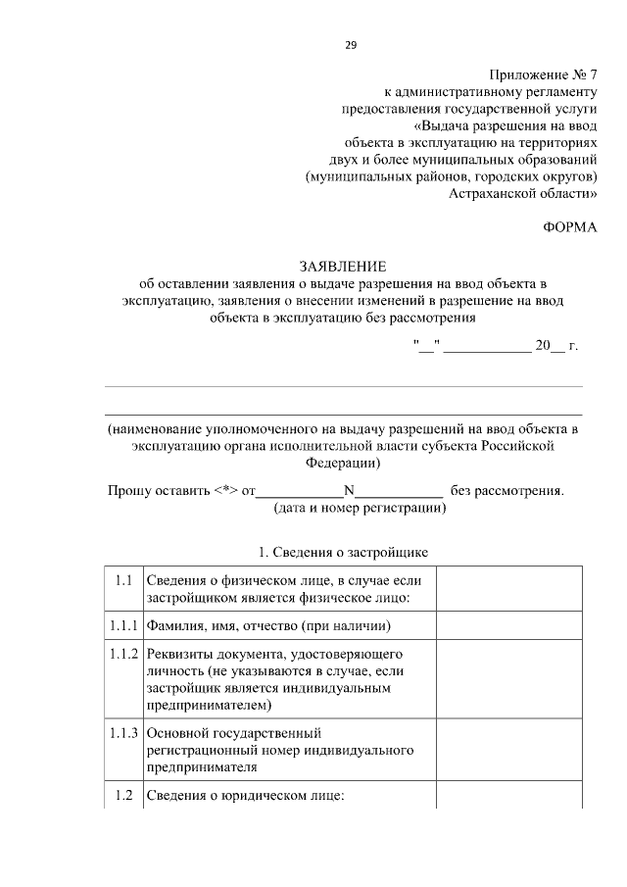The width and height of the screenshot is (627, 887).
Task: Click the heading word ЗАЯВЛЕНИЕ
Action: [343, 267]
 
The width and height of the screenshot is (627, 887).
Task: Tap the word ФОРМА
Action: [569, 226]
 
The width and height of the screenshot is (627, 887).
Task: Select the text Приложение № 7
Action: [542, 74]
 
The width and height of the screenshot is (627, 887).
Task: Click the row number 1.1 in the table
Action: [122, 580]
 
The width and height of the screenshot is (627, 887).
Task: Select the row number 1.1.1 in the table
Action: [123, 624]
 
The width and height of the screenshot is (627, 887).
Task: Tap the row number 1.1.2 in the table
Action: [123, 653]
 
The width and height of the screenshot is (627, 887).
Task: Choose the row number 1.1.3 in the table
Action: [123, 732]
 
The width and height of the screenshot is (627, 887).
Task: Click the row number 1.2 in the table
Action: [122, 795]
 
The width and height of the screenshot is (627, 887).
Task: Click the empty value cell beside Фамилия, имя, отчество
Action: [508, 624]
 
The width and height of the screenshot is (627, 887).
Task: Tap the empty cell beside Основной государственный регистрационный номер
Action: [508, 750]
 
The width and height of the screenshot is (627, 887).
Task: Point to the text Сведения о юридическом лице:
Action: [245, 796]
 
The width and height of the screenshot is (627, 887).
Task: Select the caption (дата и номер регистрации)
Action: [360, 509]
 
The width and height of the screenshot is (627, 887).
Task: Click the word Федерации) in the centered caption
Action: [343, 463]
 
